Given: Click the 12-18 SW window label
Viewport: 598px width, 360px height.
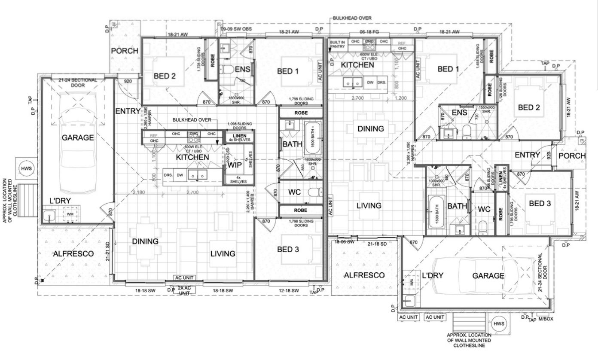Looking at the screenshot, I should pos(289,291).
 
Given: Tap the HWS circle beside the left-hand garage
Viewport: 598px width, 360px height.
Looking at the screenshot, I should pos(23,168).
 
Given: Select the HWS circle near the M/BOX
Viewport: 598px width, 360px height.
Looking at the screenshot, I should pos(498,323).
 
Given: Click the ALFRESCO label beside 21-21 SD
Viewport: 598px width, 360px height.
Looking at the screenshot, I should pos(73,254).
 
